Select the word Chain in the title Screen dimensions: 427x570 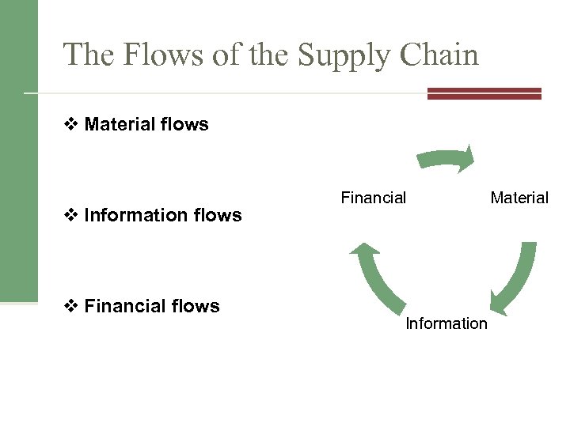440,55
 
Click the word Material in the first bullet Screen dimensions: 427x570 120,124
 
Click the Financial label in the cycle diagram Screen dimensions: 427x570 373,198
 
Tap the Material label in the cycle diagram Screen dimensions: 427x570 519,198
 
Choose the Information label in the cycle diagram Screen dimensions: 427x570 446,323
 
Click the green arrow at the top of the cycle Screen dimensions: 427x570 447,158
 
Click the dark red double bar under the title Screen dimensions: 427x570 484,93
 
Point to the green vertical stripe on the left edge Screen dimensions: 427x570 18,150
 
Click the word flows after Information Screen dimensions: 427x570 217,215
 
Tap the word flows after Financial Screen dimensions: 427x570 195,306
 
